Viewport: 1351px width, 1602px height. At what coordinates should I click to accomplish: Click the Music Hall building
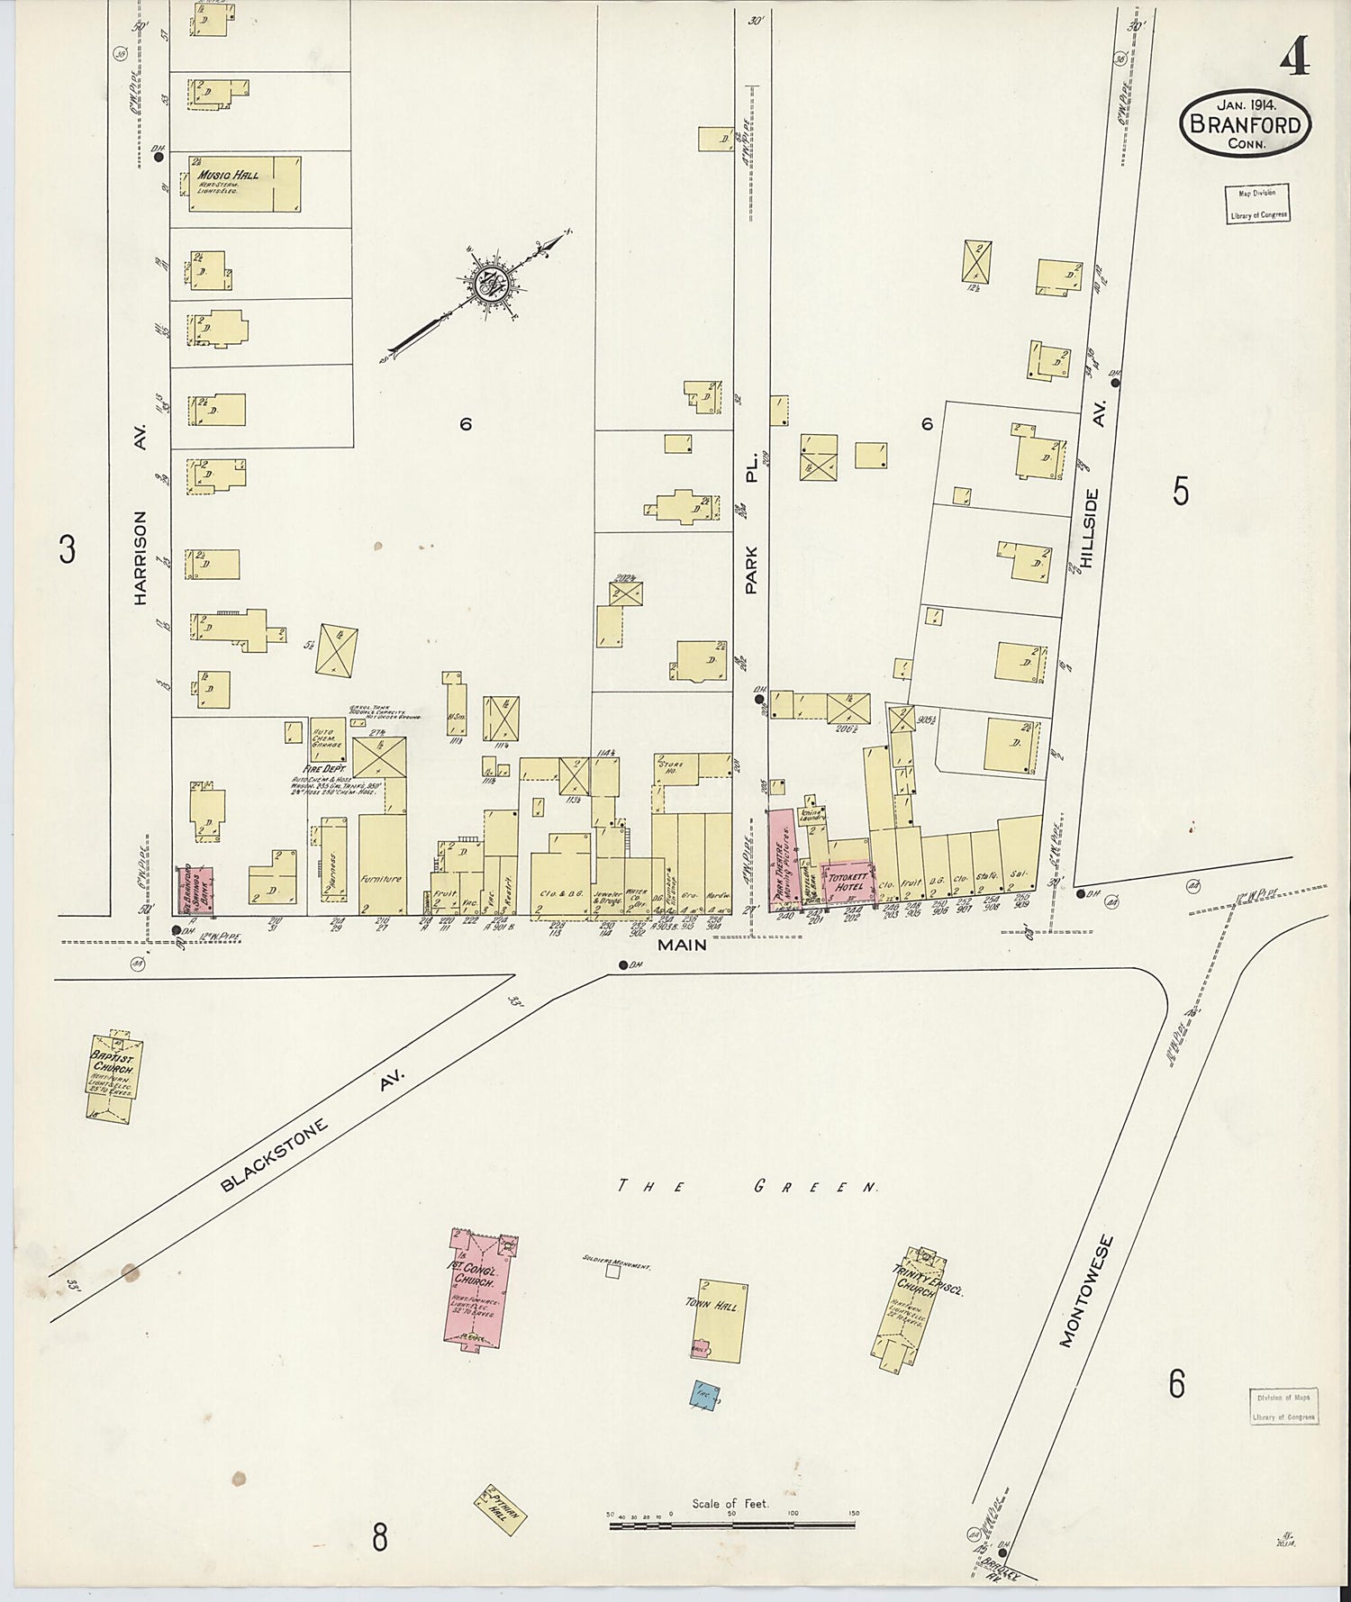pyautogui.click(x=244, y=185)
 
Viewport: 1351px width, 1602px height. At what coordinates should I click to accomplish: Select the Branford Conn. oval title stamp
pyautogui.click(x=1245, y=124)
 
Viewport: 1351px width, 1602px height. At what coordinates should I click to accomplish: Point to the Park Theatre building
pyautogui.click(x=781, y=860)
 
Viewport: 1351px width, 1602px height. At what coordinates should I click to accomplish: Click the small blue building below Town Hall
pyautogui.click(x=705, y=1396)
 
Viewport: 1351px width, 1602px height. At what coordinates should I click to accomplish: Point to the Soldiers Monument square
pyautogui.click(x=613, y=1272)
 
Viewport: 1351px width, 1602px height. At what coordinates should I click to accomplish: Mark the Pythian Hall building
pyautogui.click(x=500, y=1509)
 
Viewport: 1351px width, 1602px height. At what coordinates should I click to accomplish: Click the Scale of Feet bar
pyautogui.click(x=731, y=1525)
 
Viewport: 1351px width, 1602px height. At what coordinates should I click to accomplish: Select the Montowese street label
pyautogui.click(x=1087, y=1290)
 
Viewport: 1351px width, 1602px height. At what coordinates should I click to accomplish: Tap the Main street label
pyautogui.click(x=682, y=945)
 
